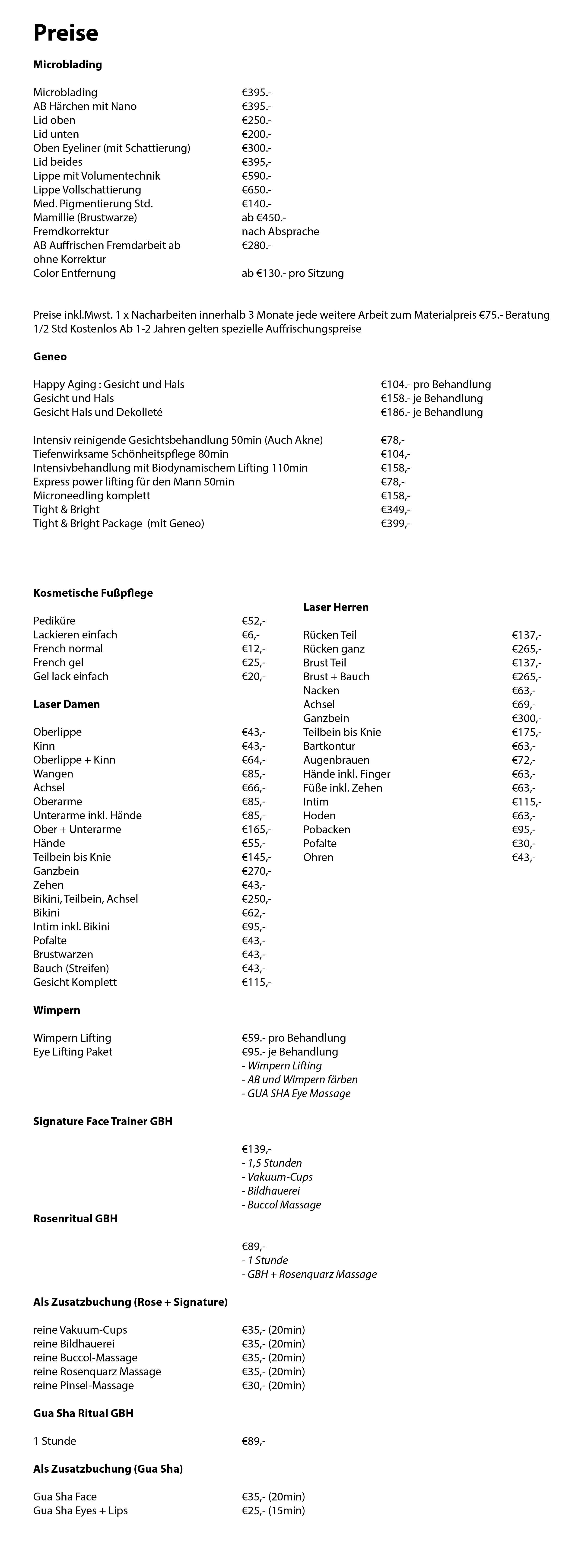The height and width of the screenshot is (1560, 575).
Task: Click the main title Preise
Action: point(65,33)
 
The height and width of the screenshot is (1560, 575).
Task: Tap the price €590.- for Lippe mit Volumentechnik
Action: point(256,176)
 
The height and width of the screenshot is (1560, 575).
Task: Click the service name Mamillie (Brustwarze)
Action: point(85,217)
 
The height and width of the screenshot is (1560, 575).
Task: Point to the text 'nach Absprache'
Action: point(280,231)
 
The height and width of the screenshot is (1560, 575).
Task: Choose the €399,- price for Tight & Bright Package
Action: point(395,523)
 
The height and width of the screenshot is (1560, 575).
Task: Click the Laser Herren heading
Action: point(336,607)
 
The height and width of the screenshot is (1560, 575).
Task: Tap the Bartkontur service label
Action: point(329,746)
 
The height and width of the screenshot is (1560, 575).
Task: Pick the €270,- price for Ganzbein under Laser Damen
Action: point(256,871)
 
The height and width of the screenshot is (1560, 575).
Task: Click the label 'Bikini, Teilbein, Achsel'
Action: point(86,899)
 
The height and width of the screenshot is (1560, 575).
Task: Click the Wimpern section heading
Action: point(56,1010)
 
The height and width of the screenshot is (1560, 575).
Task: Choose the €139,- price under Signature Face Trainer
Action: point(256,1149)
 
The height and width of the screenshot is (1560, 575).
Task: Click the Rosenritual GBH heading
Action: point(75,1218)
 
